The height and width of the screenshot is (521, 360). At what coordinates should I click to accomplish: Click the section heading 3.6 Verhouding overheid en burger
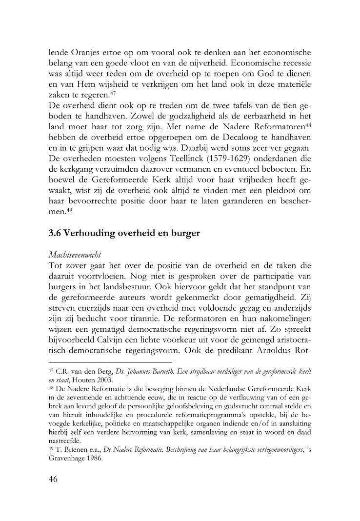[x=124, y=233]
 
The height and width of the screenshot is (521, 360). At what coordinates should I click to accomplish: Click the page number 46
[x=54, y=479]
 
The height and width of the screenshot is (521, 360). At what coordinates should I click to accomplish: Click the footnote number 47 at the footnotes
[x=52, y=371]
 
